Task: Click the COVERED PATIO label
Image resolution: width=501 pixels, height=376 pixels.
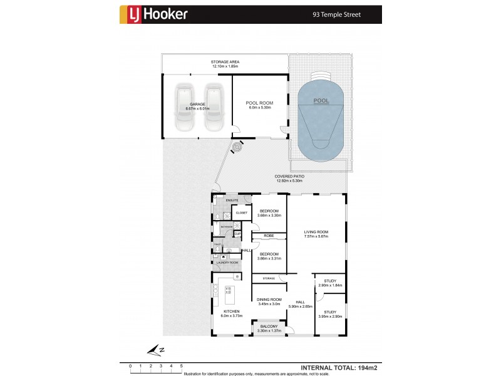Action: pos(289,177)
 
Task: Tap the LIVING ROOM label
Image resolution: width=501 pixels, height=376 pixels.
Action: pos(316,232)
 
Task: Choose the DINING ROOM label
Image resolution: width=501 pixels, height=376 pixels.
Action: pos(268,300)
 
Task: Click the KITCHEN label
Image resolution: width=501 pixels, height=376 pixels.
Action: pos(230,312)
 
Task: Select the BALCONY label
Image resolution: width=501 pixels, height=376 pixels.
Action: pos(269,327)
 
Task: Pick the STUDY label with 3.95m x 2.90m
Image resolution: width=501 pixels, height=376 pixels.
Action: pos(329,312)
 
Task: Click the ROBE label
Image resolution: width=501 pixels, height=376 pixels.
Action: pos(268,236)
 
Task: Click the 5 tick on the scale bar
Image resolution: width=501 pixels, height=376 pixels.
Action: pos(182,365)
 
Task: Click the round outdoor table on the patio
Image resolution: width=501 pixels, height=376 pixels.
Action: pos(237,147)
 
